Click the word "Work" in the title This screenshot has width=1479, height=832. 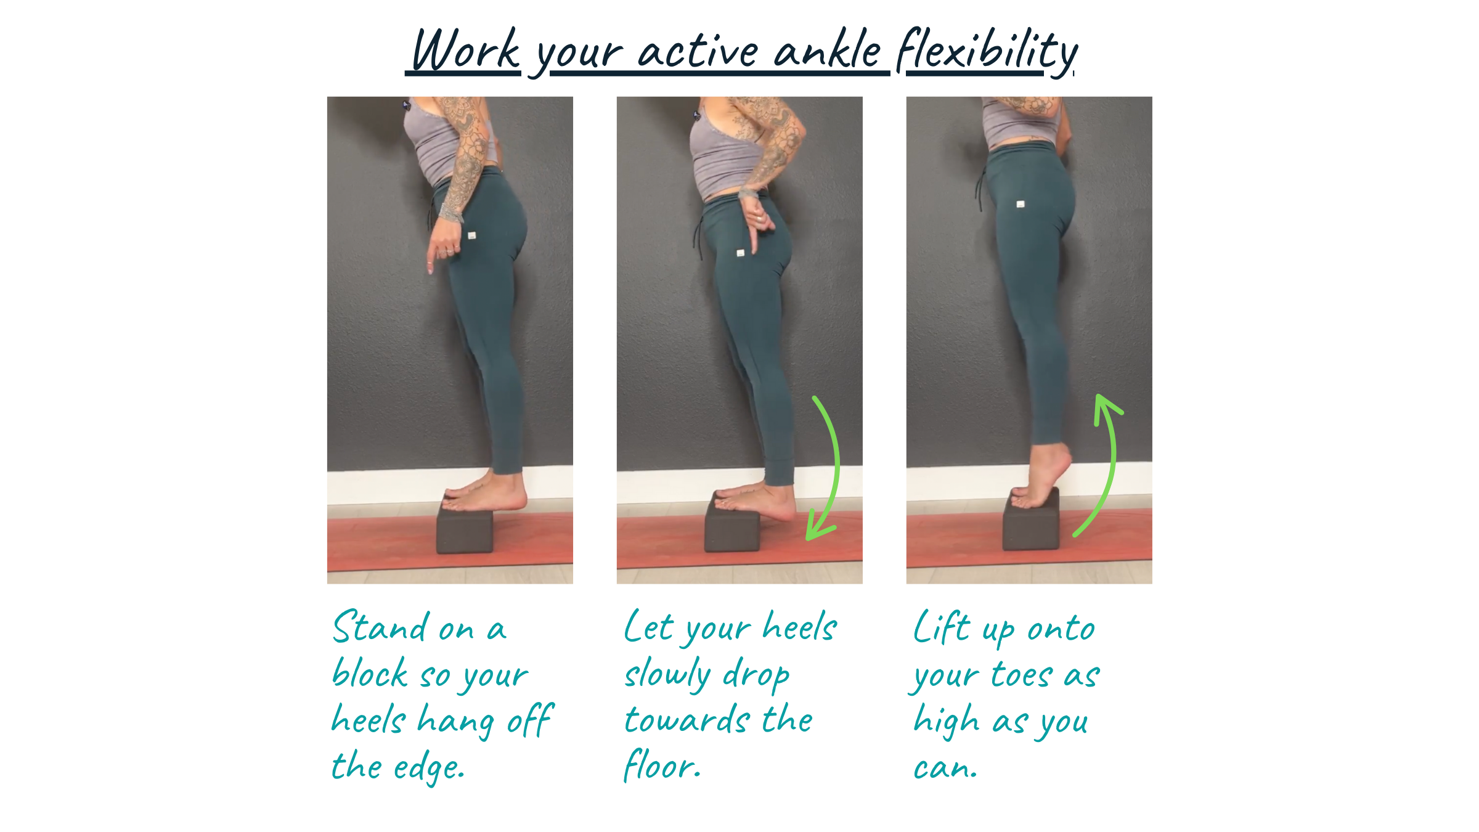(x=466, y=50)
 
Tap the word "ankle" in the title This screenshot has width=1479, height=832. (x=828, y=49)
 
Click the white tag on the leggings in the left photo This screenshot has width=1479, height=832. (x=472, y=235)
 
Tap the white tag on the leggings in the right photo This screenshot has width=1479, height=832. (x=1021, y=204)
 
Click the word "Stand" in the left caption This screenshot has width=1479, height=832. (x=380, y=627)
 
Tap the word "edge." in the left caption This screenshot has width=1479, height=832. (x=429, y=767)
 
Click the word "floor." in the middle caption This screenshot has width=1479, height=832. (x=662, y=765)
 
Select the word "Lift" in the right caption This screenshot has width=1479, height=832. (x=942, y=627)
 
